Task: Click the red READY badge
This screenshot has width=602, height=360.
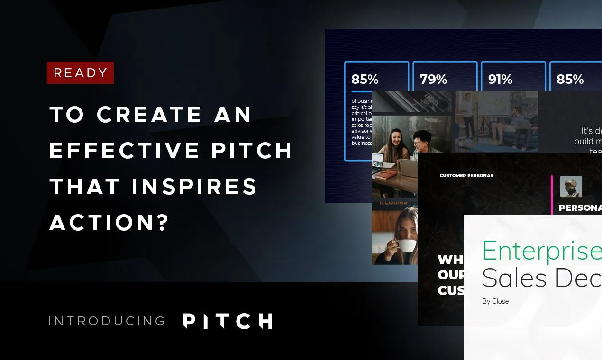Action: pos(80,72)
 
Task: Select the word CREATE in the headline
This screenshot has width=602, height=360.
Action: pos(149,114)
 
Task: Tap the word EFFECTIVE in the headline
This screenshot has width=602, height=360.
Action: pos(124,150)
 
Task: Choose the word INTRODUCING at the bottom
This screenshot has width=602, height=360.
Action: pos(107,321)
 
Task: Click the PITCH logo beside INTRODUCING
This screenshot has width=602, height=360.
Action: pos(228,321)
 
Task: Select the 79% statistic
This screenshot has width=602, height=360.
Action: pos(433,80)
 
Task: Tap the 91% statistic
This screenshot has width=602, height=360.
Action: pos(500,80)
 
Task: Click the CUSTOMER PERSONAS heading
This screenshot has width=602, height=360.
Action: pos(466,175)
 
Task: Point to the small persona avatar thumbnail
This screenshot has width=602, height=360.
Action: pos(571,187)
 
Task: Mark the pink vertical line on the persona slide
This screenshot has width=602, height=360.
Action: pos(552,195)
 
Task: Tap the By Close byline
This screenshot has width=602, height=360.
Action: pos(495,301)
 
